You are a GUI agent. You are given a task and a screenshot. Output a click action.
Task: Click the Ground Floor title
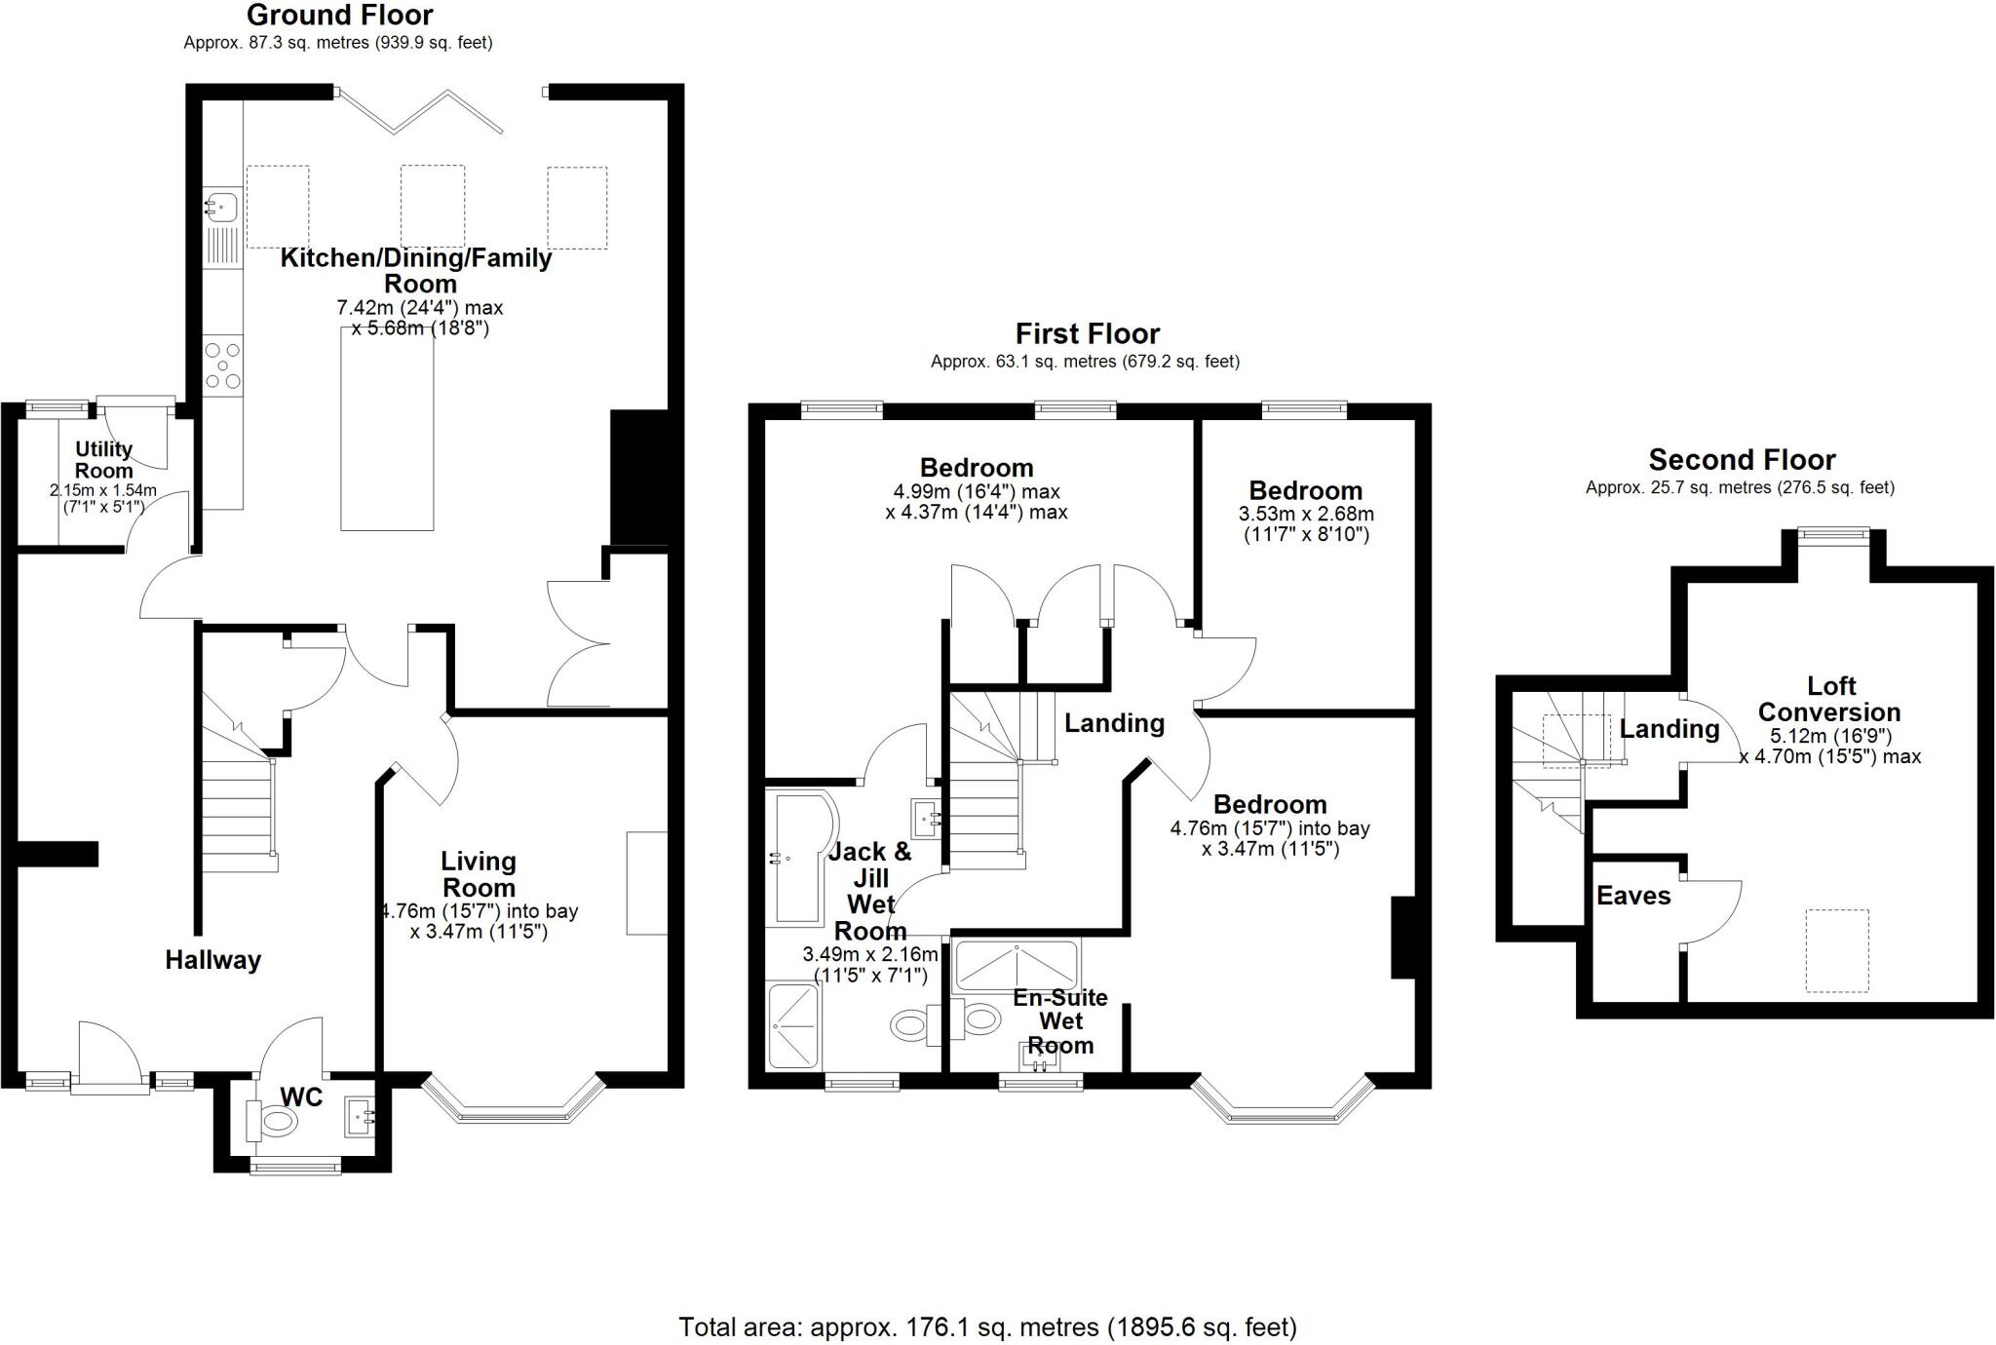(339, 16)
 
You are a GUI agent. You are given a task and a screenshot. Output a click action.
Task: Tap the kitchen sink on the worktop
(223, 206)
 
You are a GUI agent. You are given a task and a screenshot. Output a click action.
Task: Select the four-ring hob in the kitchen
(223, 366)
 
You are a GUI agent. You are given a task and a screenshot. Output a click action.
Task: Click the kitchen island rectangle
(387, 429)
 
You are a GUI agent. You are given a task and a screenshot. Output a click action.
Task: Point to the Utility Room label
(103, 460)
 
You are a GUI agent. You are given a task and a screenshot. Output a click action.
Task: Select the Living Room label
(478, 874)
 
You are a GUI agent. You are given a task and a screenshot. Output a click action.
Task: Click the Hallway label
(212, 960)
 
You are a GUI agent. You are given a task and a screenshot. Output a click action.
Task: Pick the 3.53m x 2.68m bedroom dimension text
(1306, 514)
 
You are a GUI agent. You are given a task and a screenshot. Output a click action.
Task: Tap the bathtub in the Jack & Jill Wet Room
(801, 858)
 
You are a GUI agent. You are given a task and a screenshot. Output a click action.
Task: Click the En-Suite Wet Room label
(1060, 1021)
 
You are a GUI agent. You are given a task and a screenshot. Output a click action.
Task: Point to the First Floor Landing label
(1114, 723)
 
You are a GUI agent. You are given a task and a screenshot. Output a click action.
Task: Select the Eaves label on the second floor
(1633, 896)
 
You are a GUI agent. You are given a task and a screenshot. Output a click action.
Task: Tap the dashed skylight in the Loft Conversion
(1837, 950)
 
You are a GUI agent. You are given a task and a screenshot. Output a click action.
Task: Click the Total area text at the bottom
(987, 1326)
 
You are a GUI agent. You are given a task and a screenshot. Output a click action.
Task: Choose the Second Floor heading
(1742, 459)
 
